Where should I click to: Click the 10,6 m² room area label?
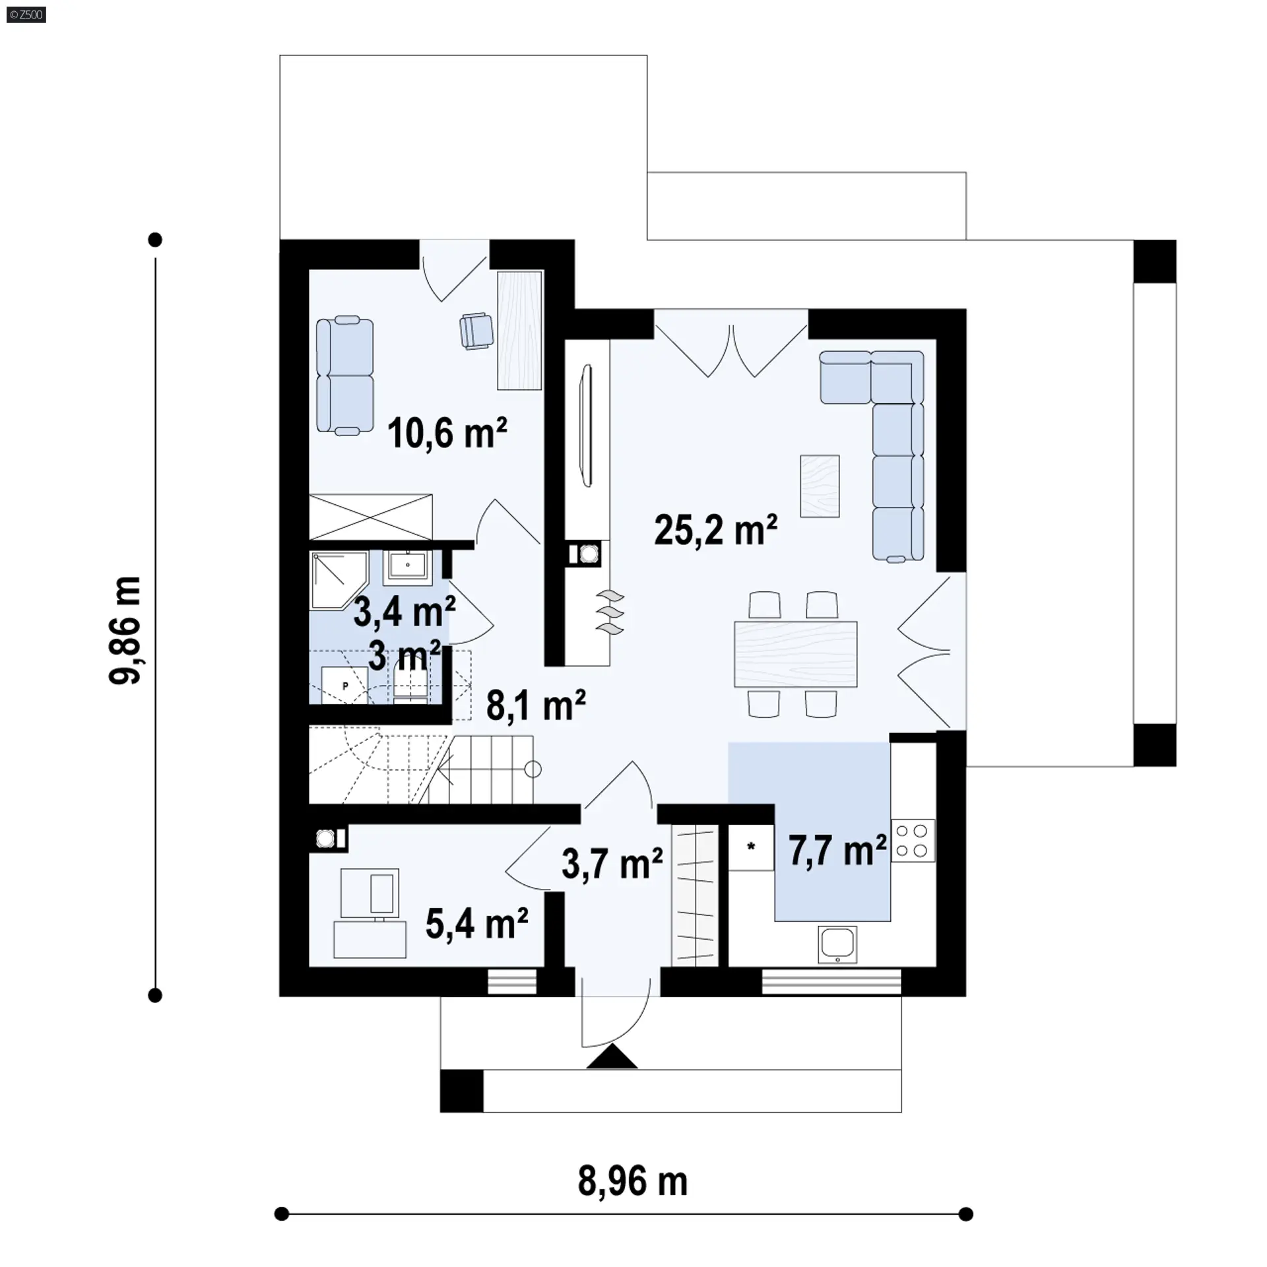tap(447, 434)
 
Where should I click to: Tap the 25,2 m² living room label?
tap(716, 530)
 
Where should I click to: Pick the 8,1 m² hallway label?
tap(536, 705)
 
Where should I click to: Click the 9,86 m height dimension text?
tap(125, 631)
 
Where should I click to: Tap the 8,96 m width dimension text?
tap(633, 1181)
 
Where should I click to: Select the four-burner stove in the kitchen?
tap(913, 841)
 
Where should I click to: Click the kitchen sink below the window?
tap(837, 944)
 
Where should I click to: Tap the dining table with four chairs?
tap(795, 654)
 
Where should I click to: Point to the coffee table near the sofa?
tap(820, 486)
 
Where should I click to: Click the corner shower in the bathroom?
tap(339, 580)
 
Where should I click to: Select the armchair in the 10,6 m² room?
tap(476, 330)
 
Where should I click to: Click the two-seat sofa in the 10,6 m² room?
tap(344, 375)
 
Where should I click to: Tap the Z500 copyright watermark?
tap(26, 14)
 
